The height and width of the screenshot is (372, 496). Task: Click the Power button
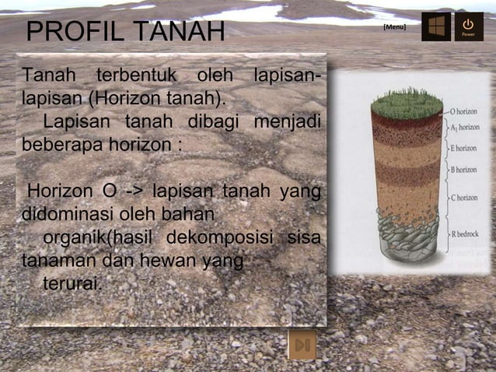[468, 26]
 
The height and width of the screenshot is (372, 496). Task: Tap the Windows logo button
[436, 26]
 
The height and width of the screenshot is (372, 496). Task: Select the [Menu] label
[394, 27]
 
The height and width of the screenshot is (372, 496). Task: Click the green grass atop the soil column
[406, 102]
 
